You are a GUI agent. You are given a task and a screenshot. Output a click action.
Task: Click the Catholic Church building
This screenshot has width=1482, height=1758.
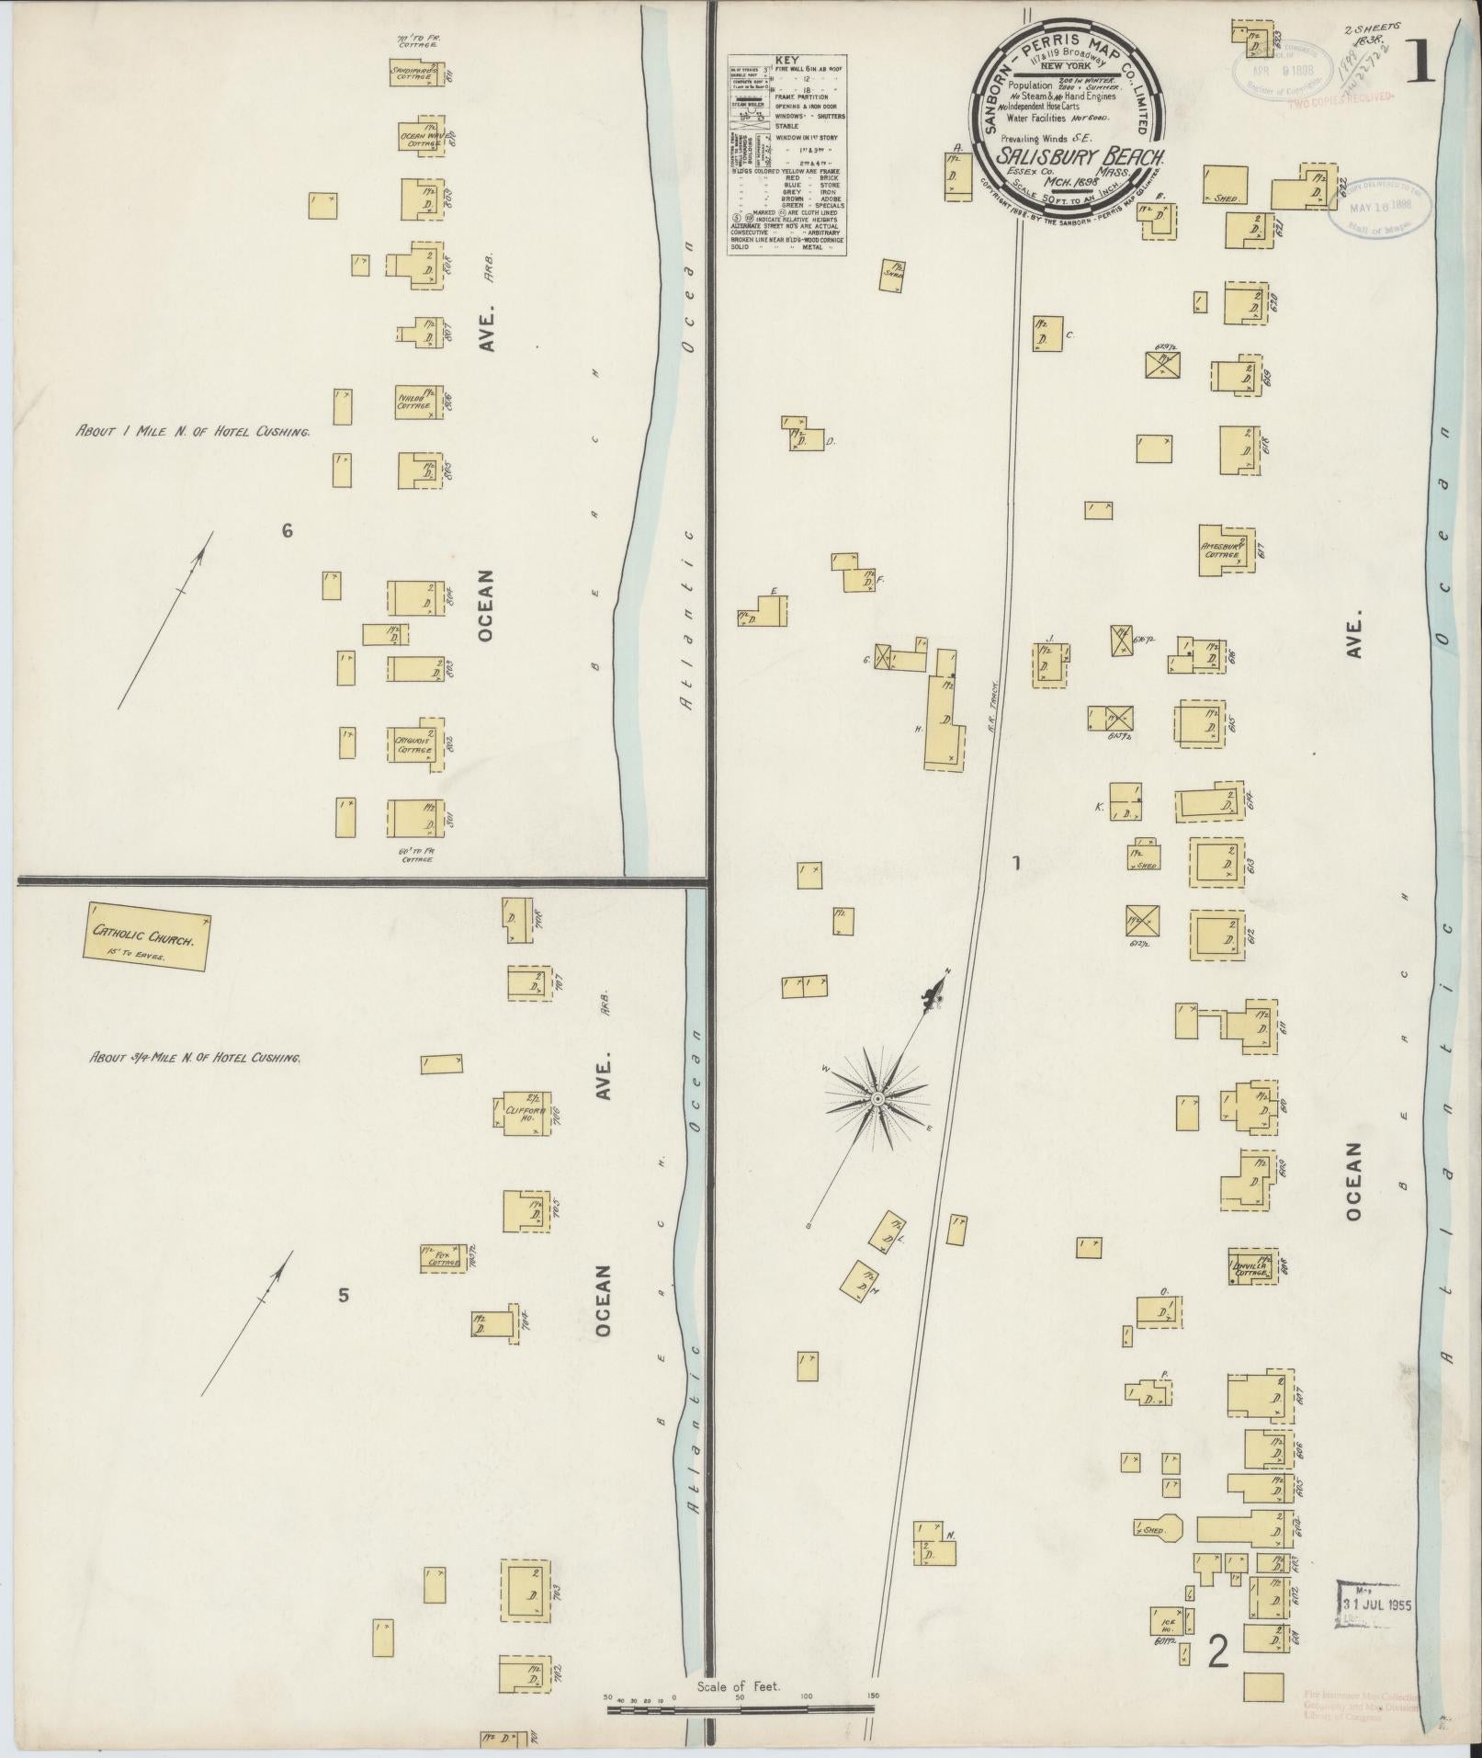pyautogui.click(x=147, y=937)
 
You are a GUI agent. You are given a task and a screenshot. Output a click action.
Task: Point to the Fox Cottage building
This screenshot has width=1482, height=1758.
pyautogui.click(x=445, y=1260)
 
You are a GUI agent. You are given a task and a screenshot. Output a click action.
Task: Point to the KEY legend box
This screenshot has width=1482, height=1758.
pyautogui.click(x=786, y=153)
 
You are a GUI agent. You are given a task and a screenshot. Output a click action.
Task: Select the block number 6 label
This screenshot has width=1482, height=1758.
pyautogui.click(x=288, y=530)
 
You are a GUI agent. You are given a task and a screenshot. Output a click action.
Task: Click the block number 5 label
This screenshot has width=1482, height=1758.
pyautogui.click(x=344, y=1296)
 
